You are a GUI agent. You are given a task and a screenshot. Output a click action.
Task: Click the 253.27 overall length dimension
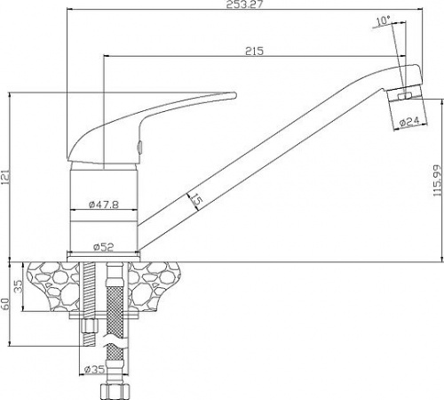tap(244, 4)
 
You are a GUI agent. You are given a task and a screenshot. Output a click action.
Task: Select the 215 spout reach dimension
tap(254, 51)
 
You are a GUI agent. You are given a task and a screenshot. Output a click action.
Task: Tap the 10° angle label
tap(383, 20)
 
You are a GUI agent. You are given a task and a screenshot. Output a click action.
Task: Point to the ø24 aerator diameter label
tap(409, 122)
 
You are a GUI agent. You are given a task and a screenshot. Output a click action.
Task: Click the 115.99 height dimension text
tap(437, 180)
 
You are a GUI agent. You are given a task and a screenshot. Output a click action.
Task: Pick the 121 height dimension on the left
tap(5, 178)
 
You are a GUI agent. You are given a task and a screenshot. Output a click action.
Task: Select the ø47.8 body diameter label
tap(104, 204)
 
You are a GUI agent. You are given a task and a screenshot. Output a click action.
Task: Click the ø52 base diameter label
tap(104, 246)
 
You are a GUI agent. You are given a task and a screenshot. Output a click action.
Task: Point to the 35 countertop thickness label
tap(19, 286)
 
